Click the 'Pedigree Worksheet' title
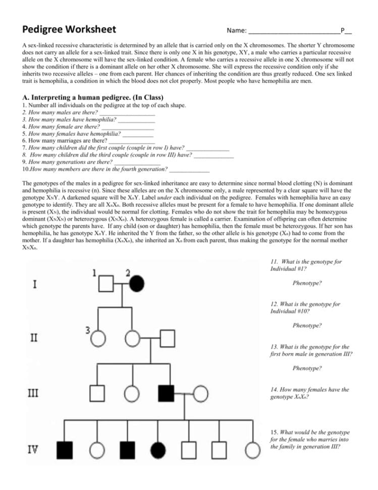[x=69, y=29]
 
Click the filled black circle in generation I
[x=138, y=284]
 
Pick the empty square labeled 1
[x=106, y=284]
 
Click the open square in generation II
[x=167, y=337]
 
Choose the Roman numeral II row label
[x=34, y=337]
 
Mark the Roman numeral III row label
[x=34, y=392]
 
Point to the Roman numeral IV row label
[x=33, y=448]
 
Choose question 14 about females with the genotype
[x=310, y=393]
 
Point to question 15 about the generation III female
[x=309, y=439]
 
